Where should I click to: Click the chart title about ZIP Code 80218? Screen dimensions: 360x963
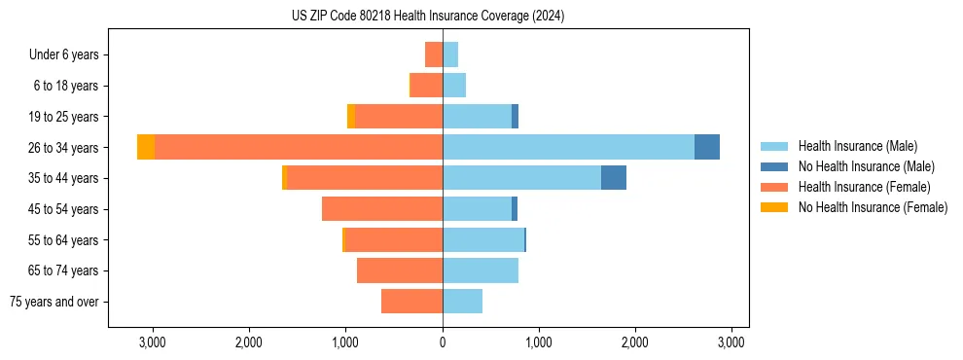pyautogui.click(x=428, y=17)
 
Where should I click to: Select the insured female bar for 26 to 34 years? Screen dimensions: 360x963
pyautogui.click(x=299, y=147)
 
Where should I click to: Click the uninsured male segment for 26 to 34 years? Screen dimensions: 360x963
pyautogui.click(x=707, y=147)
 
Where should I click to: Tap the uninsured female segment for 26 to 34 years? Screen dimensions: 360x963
pyautogui.click(x=146, y=147)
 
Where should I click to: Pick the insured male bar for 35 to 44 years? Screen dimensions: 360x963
pyautogui.click(x=521, y=178)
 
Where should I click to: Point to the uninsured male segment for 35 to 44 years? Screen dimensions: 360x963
pyautogui.click(x=614, y=178)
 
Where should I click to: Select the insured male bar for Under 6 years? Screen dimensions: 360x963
pyautogui.click(x=450, y=54)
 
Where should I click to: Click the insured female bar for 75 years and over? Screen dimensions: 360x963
pyautogui.click(x=411, y=302)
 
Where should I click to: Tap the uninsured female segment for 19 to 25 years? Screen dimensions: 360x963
pyautogui.click(x=351, y=117)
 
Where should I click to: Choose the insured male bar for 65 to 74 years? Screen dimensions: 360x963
pyautogui.click(x=481, y=270)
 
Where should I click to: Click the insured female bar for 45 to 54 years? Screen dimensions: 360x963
pyautogui.click(x=382, y=209)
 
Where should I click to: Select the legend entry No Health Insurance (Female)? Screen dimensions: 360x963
pyautogui.click(x=873, y=207)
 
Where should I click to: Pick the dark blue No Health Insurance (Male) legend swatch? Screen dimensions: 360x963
pyautogui.click(x=774, y=166)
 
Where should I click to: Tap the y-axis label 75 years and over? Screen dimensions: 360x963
pyautogui.click(x=53, y=302)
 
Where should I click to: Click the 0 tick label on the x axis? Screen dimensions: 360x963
pyautogui.click(x=443, y=342)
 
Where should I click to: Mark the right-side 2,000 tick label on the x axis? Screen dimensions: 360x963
pyautogui.click(x=635, y=342)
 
